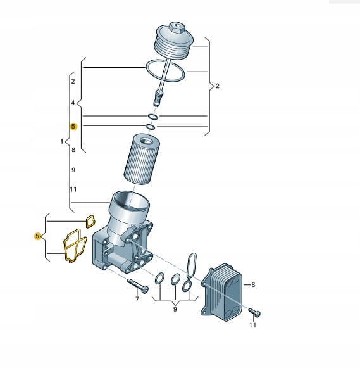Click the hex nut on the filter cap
[177, 28]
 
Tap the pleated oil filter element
[142, 159]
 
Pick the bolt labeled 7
[137, 286]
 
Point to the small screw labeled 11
[254, 312]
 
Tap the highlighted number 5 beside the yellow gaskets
[37, 236]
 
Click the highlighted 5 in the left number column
[73, 127]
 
